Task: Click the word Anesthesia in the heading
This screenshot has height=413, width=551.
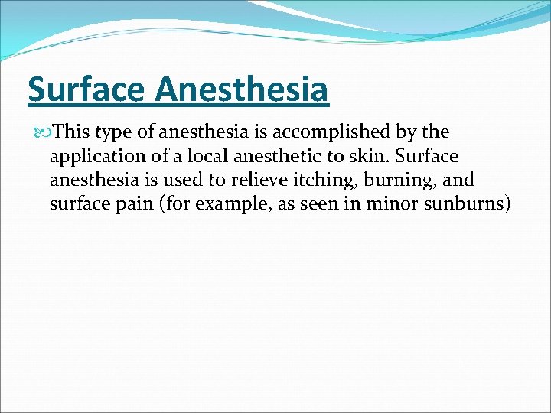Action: tap(242, 90)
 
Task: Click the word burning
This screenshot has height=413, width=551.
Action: tap(399, 181)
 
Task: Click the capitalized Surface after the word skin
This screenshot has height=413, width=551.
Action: tap(431, 157)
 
